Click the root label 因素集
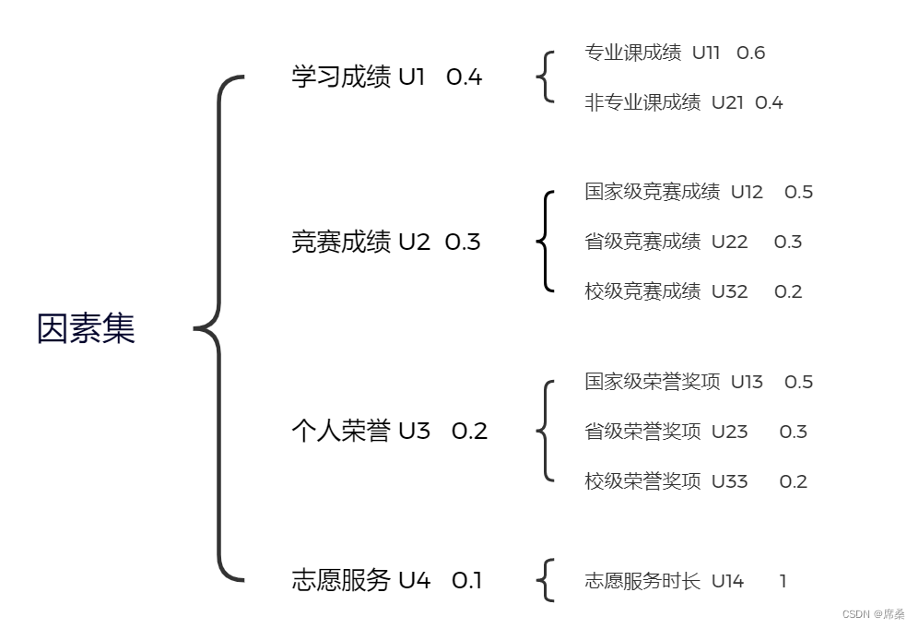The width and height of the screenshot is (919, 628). click(86, 329)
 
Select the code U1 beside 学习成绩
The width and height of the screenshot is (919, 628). click(411, 77)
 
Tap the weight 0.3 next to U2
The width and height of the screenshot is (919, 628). click(463, 243)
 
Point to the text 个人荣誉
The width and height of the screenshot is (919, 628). click(341, 431)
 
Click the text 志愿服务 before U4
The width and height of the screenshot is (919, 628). click(341, 580)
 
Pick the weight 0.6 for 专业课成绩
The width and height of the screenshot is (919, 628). click(750, 53)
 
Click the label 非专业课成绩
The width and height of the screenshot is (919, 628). click(642, 102)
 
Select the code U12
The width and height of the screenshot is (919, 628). click(747, 192)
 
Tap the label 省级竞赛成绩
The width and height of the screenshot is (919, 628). click(642, 242)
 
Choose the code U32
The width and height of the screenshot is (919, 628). click(729, 291)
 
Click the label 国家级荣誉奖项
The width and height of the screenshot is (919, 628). click(653, 381)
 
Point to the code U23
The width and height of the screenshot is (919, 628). click(729, 432)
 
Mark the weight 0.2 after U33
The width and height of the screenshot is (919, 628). click(793, 481)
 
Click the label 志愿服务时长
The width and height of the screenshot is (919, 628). click(642, 581)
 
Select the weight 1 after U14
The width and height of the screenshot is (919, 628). click(783, 581)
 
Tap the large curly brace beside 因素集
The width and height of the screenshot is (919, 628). click(219, 329)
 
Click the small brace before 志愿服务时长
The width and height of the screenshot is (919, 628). click(546, 580)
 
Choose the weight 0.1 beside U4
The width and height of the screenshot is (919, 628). click(466, 580)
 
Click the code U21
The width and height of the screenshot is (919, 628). click(727, 102)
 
